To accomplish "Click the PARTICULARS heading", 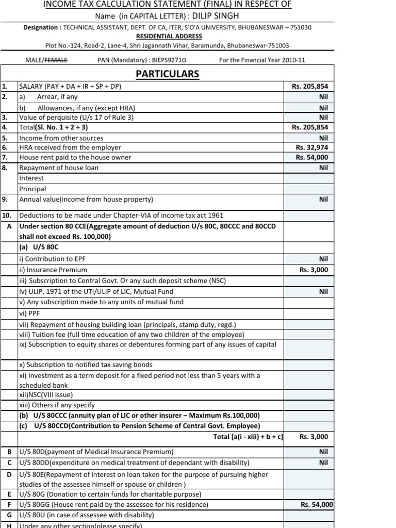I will tap(167, 74).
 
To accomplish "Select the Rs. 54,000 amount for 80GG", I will tap(317, 505).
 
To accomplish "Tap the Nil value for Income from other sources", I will tap(323, 138).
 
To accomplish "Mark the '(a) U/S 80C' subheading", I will tap(40, 247).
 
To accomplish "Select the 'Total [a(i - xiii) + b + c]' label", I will tap(248, 437).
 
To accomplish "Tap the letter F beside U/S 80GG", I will tap(9, 505).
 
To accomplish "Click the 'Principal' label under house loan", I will tap(32, 189).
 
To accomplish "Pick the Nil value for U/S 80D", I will tap(323, 452).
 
